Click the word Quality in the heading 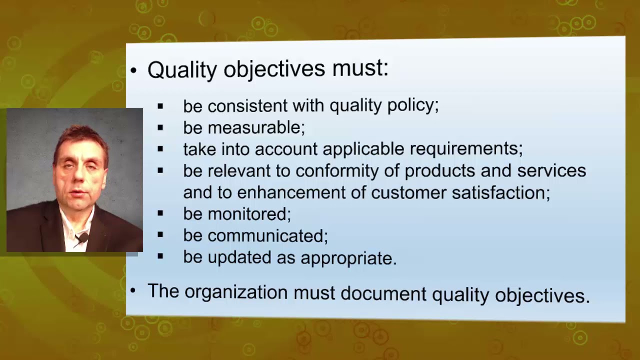(x=181, y=69)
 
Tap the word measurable (x=255, y=127)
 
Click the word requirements (x=465, y=149)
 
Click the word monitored (x=248, y=214)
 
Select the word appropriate (x=348, y=257)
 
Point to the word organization (x=236, y=291)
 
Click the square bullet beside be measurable (x=160, y=127)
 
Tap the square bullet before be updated (x=160, y=257)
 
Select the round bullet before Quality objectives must (x=133, y=70)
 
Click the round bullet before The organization (x=133, y=290)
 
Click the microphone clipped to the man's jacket (x=82, y=237)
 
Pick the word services (x=551, y=171)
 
